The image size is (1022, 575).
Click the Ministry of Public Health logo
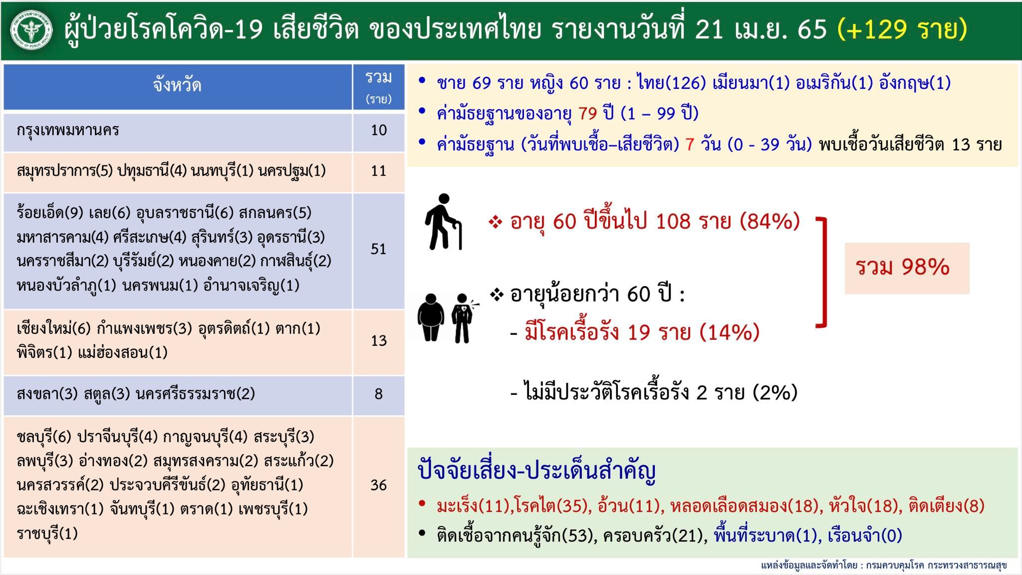point(31,30)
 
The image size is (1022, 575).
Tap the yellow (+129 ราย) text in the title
point(903,29)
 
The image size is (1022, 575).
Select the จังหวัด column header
point(177,86)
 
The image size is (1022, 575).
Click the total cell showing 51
point(378,249)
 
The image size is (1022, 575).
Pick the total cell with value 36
point(378,485)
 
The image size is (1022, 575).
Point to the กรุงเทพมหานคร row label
point(68,131)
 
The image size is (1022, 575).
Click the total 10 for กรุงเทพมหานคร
point(378,131)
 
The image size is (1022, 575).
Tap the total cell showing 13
point(378,341)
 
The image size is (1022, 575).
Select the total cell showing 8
point(378,394)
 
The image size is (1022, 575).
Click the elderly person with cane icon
point(443,222)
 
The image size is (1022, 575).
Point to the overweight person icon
point(430,317)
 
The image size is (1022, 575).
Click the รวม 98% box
point(906,268)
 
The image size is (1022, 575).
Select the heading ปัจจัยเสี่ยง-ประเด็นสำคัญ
point(536,471)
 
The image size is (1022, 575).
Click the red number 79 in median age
point(588,114)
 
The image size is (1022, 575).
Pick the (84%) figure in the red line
point(769,221)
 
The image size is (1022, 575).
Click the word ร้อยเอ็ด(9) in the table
point(50,213)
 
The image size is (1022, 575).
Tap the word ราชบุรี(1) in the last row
point(47,534)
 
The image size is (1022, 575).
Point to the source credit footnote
point(883,566)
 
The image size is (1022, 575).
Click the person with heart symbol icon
point(462,318)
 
